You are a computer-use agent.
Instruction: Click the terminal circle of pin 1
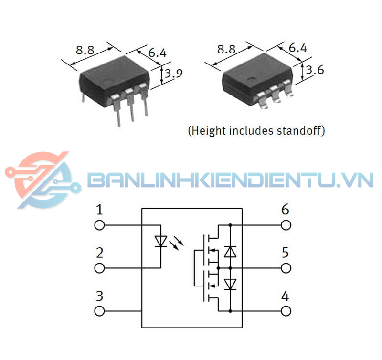point(99,224)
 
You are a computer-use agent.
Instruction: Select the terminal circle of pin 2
point(99,268)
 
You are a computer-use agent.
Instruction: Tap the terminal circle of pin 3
point(99,311)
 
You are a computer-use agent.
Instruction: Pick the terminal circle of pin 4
point(286,311)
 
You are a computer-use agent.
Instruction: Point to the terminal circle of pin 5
point(286,268)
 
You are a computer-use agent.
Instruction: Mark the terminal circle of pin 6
point(286,224)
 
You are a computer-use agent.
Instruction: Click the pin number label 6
point(285,209)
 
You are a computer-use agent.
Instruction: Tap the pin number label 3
point(99,296)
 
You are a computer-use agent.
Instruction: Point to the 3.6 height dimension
point(315,70)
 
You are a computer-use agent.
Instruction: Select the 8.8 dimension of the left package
point(85,50)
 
